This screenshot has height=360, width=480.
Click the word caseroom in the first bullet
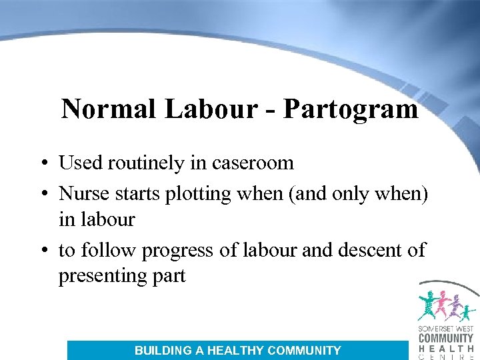(x=251, y=163)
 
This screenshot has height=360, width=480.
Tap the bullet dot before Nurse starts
(x=43, y=193)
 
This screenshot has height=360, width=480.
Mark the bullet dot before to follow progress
(x=43, y=251)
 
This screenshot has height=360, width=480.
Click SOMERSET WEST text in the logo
(x=445, y=329)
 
